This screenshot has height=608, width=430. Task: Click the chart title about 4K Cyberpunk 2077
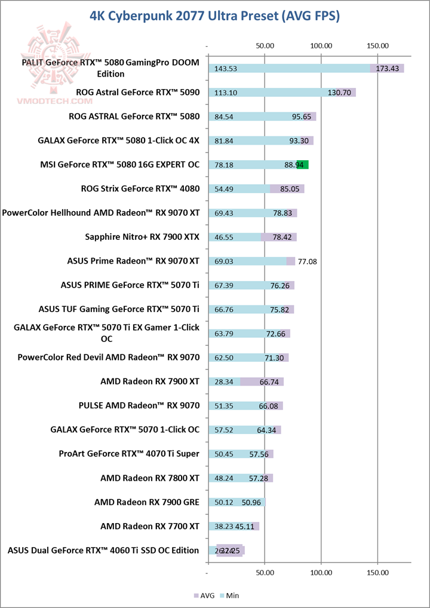tap(214, 16)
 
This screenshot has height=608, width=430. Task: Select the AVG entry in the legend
tap(205, 595)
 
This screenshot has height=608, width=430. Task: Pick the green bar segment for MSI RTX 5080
tap(302, 164)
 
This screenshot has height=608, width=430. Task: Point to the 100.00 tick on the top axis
tap(321, 45)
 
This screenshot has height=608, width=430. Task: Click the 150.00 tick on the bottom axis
tap(377, 573)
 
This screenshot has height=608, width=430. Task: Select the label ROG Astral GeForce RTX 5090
tap(137, 93)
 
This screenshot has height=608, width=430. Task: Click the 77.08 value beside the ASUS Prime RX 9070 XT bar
tap(309, 261)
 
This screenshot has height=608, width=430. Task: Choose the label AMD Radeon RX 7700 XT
tap(149, 526)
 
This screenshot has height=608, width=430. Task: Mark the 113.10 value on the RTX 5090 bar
tap(225, 93)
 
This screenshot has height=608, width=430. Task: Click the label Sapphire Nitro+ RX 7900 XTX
tap(142, 237)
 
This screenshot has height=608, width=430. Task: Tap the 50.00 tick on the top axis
tap(265, 45)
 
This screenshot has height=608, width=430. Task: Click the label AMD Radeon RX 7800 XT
tap(149, 478)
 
